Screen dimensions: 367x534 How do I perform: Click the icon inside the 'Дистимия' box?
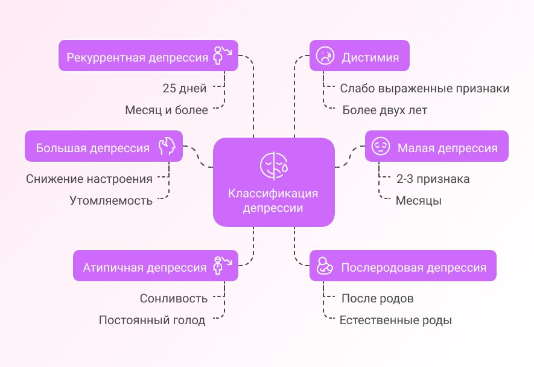(326, 57)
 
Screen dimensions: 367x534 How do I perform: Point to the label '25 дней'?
(185, 88)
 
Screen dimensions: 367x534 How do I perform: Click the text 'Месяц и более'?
(167, 110)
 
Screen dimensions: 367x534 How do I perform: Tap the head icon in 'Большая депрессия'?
(167, 147)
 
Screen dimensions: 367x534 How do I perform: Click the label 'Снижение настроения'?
(89, 179)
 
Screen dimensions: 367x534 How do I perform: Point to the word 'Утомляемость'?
(111, 200)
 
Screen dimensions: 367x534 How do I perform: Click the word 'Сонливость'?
(174, 298)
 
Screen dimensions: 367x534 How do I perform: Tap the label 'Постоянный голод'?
(152, 320)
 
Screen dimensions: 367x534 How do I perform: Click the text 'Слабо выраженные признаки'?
(425, 88)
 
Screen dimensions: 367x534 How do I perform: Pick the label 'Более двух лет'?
(384, 110)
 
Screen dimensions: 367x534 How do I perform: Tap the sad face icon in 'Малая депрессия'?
(380, 147)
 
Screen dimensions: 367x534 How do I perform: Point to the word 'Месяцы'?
(419, 200)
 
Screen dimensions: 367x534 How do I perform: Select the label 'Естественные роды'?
(396, 320)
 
